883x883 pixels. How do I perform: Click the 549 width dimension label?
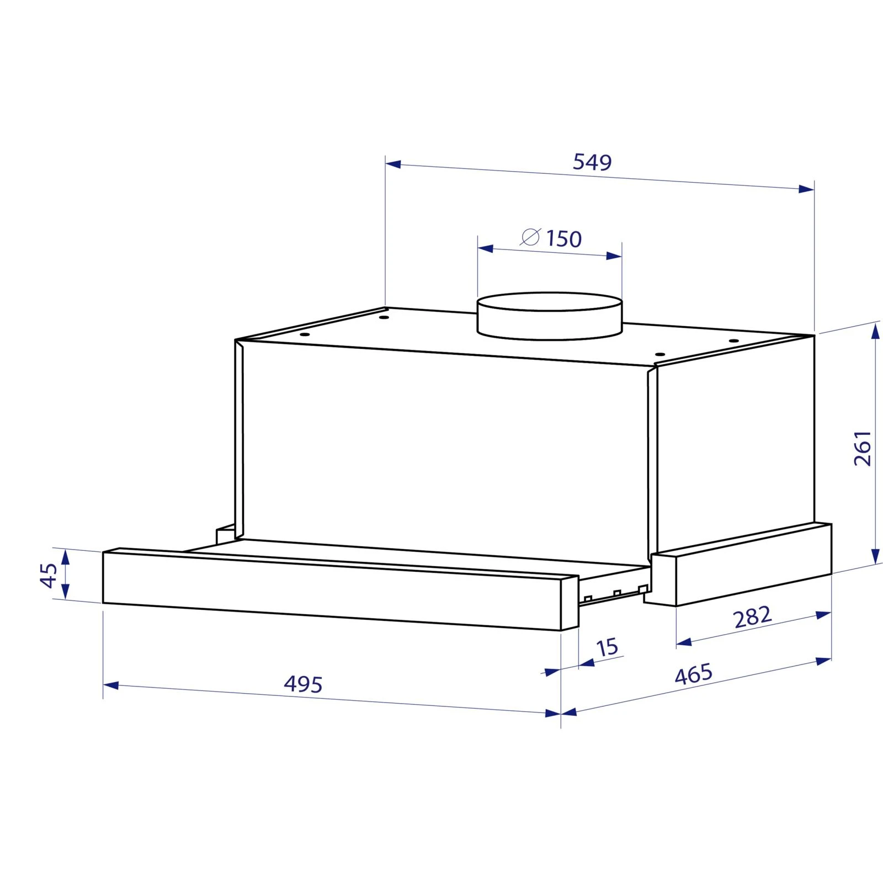coord(592,162)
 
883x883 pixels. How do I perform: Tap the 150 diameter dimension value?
coord(564,239)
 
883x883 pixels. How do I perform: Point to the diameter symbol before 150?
coord(530,237)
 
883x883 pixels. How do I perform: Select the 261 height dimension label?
coord(862,448)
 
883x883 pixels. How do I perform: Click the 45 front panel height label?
coord(49,576)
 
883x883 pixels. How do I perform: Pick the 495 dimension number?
coord(303,684)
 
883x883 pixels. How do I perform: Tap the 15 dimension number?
coord(607,647)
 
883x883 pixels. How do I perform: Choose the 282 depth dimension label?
coord(752,617)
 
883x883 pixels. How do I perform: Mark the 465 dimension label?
coord(694,674)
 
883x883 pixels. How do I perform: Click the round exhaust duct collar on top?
coord(550,316)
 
